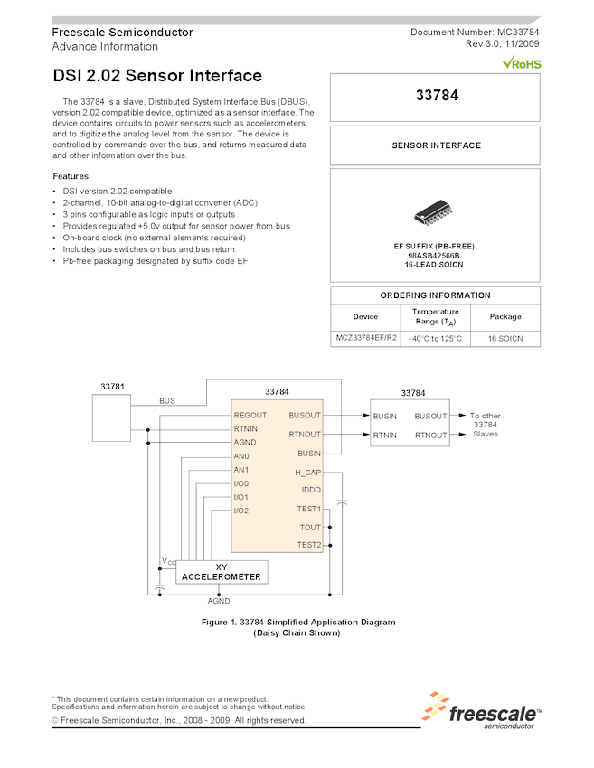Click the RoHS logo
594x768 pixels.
coord(522,63)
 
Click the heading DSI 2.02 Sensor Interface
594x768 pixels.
coord(157,77)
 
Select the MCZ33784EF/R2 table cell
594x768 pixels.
coord(365,338)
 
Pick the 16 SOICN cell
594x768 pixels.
coord(505,338)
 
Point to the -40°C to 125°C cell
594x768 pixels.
coord(435,338)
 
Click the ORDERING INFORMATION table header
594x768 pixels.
coord(435,295)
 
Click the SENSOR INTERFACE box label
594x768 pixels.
coord(435,145)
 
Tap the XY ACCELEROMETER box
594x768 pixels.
coord(222,572)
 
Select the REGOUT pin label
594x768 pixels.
coord(250,416)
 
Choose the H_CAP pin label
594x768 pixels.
coord(307,473)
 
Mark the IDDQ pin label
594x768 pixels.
coord(310,490)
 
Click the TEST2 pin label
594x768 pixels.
coord(308,545)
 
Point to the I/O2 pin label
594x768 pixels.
coord(241,510)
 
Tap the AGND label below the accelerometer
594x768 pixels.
coord(219,600)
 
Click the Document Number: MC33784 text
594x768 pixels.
coord(475,33)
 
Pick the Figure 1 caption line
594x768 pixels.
coord(297,622)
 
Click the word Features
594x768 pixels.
coord(71,176)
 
